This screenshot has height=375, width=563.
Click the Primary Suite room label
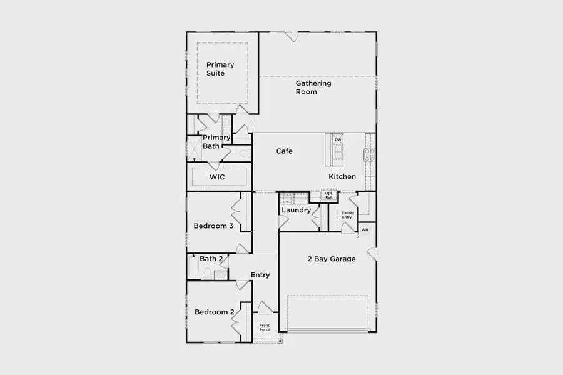pos(220,69)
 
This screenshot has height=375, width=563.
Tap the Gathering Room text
pos(313,87)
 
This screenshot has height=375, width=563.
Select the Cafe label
pos(285,151)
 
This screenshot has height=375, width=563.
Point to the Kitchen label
pos(342,177)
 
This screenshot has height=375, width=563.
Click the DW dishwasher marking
pos(338,139)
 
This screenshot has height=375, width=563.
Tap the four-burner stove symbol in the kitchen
pos(369,154)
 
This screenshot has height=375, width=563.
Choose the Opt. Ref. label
pos(328,196)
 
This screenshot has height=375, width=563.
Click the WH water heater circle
pos(365,230)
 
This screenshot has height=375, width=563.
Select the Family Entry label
pos(347,214)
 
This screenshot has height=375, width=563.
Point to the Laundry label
pos(296,211)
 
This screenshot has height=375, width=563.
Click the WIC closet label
pos(217,177)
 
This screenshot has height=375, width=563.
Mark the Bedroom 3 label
pos(213,226)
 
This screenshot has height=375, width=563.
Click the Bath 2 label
pos(211,258)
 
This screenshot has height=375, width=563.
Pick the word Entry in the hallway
pos(260,275)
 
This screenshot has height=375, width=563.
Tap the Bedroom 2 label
pos(215,312)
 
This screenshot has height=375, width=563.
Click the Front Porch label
pos(265,327)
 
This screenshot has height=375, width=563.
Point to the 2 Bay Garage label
pos(331,259)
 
